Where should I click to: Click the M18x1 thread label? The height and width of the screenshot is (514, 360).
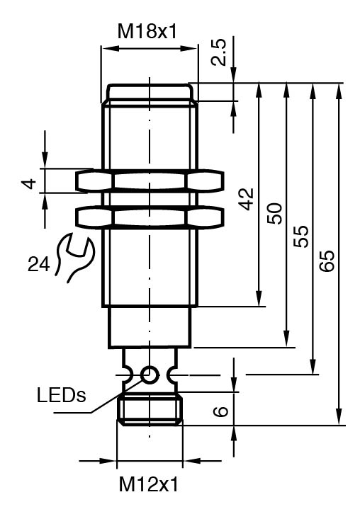[x=147, y=32]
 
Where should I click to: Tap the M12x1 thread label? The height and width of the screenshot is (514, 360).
[x=149, y=484]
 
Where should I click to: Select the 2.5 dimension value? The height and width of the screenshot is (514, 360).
[x=218, y=52]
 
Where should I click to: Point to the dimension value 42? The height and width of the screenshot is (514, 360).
[x=246, y=199]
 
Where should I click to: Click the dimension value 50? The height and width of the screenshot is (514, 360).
[x=274, y=213]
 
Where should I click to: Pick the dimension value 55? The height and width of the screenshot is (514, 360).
[x=301, y=236]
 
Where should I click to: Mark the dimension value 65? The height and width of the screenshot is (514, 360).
[x=327, y=261]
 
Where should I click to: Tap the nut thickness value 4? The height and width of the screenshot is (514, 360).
[x=30, y=184]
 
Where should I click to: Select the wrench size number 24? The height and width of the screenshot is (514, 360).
[x=39, y=264]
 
